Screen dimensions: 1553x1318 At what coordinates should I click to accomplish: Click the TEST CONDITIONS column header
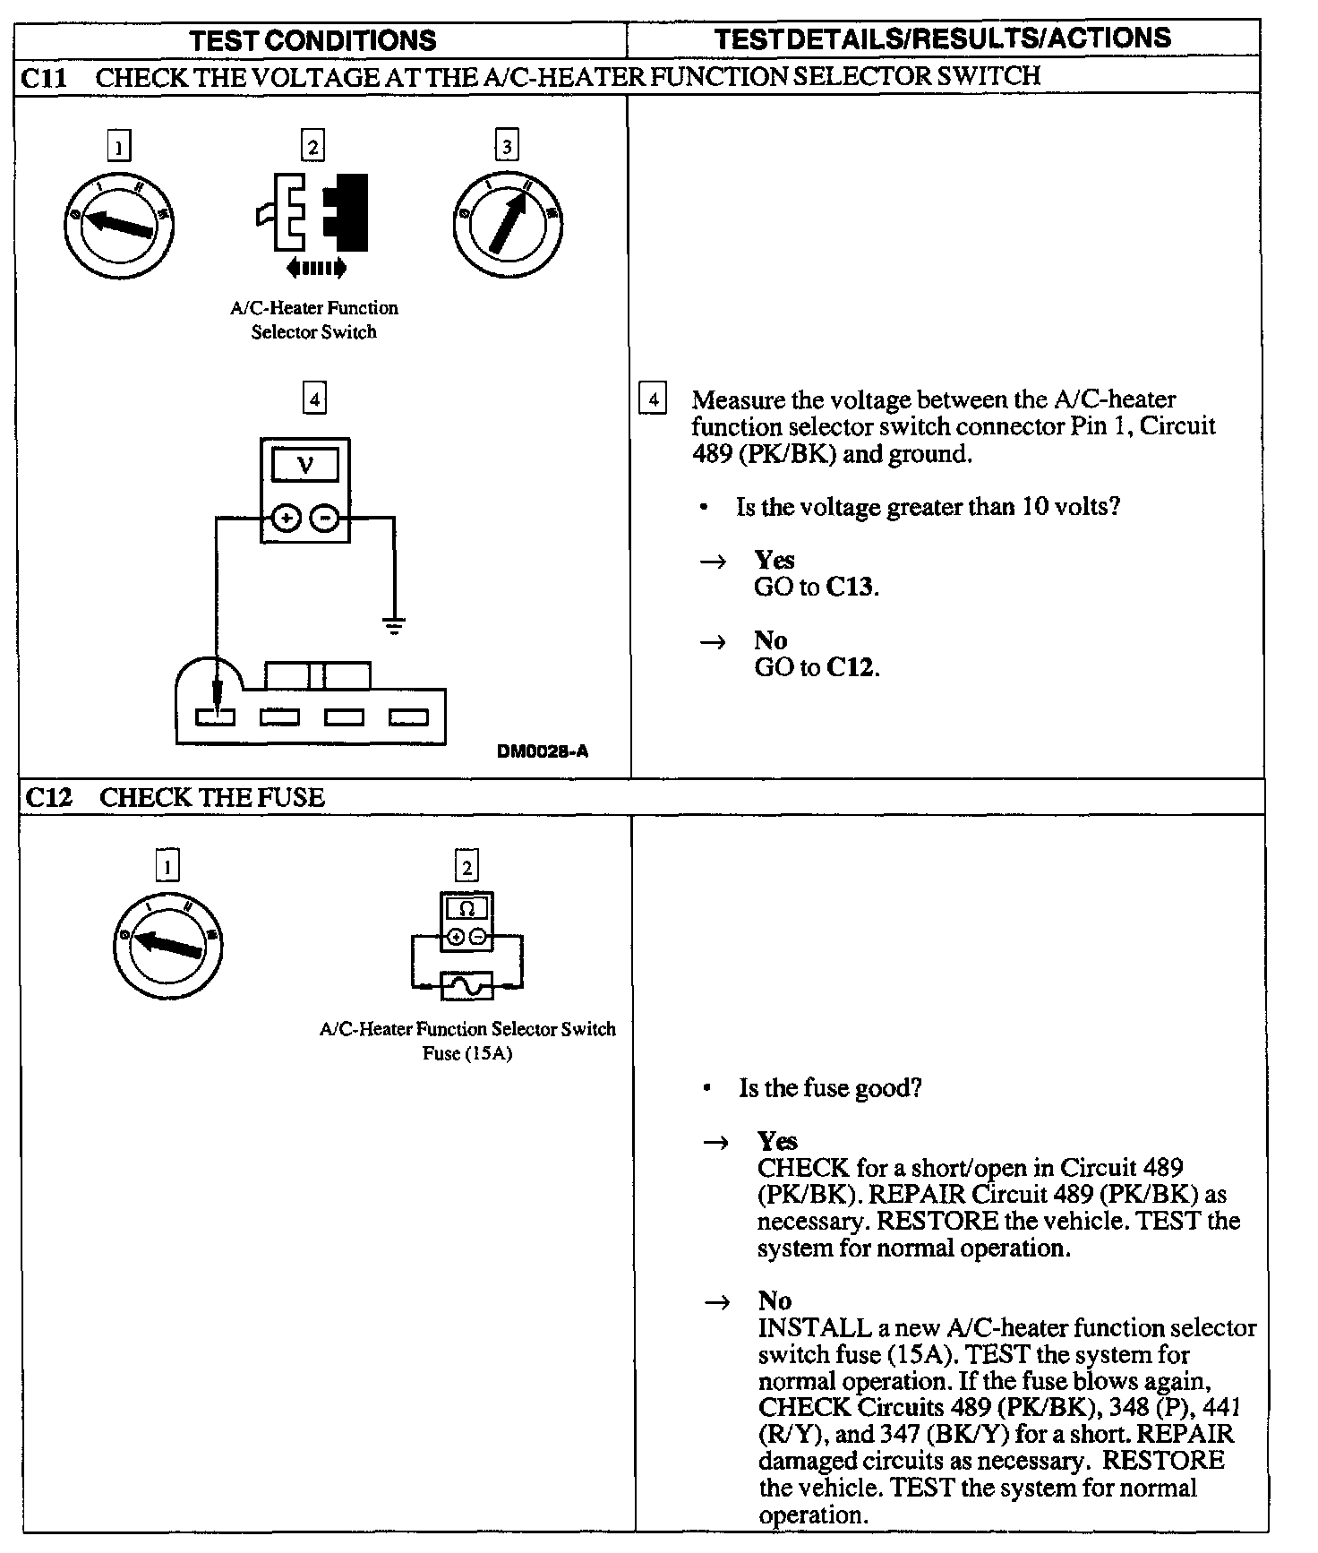pyautogui.click(x=312, y=40)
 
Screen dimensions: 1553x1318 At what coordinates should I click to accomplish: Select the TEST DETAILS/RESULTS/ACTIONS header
pyautogui.click(x=943, y=38)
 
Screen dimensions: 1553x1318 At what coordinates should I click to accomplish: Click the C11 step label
pyautogui.click(x=44, y=77)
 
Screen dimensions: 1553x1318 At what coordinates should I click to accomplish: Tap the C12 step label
pyautogui.click(x=48, y=797)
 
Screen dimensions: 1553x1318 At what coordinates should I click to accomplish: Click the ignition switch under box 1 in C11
pyautogui.click(x=119, y=223)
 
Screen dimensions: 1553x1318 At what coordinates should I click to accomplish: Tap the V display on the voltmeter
pyautogui.click(x=305, y=466)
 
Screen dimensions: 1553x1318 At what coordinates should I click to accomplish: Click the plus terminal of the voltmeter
pyautogui.click(x=286, y=518)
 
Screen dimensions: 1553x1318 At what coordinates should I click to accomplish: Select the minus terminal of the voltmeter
pyautogui.click(x=325, y=518)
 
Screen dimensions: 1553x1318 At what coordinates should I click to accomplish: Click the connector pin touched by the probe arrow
pyautogui.click(x=216, y=716)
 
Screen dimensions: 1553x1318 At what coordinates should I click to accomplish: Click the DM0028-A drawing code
pyautogui.click(x=542, y=751)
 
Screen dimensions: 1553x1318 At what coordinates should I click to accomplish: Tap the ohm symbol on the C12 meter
pyautogui.click(x=466, y=909)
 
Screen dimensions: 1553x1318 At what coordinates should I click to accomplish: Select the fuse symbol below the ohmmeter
pyautogui.click(x=466, y=987)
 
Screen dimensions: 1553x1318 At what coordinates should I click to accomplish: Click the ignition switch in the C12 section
pyautogui.click(x=168, y=947)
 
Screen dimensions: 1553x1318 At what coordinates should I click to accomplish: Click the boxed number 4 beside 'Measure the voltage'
pyautogui.click(x=653, y=399)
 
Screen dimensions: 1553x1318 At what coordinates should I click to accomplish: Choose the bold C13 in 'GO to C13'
pyautogui.click(x=852, y=588)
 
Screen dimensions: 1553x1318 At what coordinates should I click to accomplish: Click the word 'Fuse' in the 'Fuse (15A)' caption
pyautogui.click(x=441, y=1053)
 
